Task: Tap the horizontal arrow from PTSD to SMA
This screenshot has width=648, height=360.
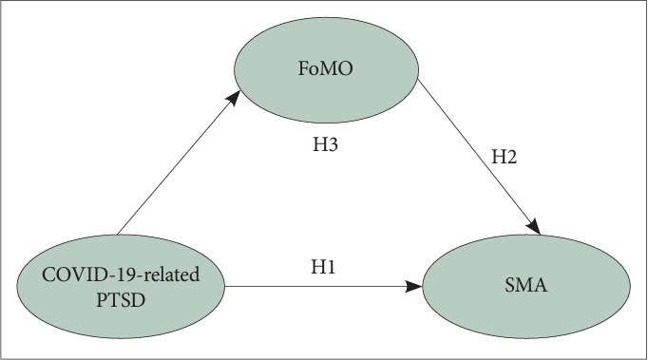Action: click(323, 285)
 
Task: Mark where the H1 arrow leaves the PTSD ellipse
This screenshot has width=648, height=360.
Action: click(224, 285)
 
